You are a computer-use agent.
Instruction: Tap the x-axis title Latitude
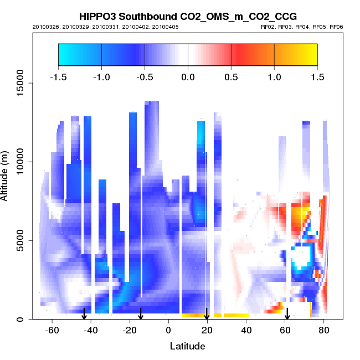click(187, 346)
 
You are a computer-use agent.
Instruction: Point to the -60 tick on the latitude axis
click(52, 330)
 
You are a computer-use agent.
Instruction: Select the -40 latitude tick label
click(91, 330)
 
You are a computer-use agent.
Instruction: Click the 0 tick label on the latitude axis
click(168, 330)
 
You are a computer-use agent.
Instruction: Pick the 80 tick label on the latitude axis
click(324, 330)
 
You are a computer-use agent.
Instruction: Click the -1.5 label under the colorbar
click(58, 76)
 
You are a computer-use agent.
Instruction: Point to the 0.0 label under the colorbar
click(188, 76)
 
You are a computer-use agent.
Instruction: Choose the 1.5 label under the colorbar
click(317, 76)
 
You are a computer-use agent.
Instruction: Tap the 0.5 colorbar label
click(231, 76)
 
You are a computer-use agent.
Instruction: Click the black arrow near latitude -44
click(84, 314)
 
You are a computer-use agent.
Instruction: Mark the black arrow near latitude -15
click(141, 314)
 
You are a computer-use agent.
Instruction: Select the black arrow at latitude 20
click(207, 314)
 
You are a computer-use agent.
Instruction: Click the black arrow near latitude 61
click(287, 314)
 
